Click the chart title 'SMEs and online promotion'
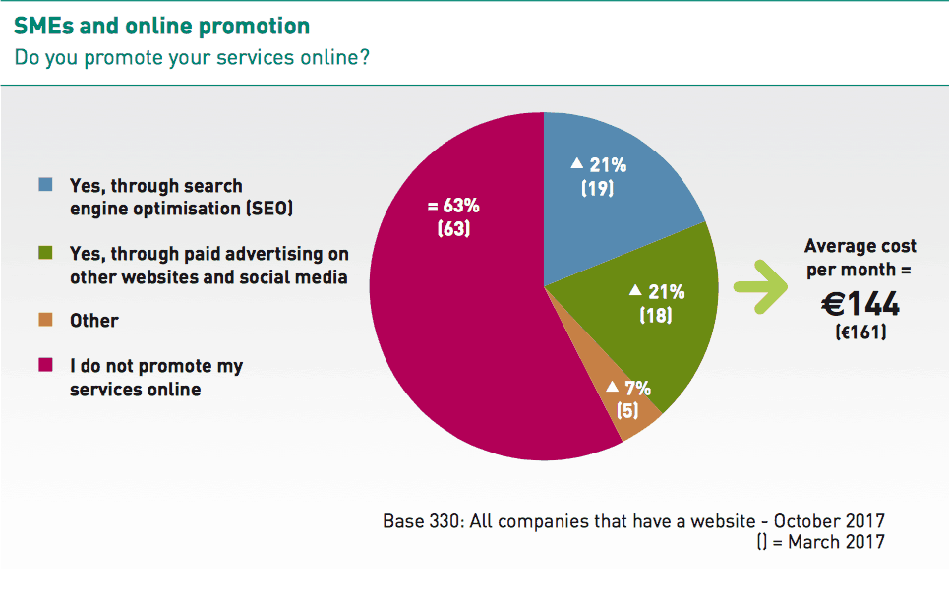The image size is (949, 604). [x=161, y=26]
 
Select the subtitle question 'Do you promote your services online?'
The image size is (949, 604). [x=191, y=57]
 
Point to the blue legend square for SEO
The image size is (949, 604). [x=45, y=184]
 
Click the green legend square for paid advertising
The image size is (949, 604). [x=45, y=253]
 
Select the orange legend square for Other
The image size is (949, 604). [x=45, y=320]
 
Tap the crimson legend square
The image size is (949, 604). [x=45, y=364]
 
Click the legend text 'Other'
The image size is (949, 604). [x=93, y=320]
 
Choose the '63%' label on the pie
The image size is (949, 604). [x=461, y=206]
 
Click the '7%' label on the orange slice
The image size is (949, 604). [x=638, y=388]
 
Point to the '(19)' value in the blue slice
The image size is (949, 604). [x=597, y=188]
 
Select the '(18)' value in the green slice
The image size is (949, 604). [x=656, y=315]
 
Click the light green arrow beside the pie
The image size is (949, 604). [x=761, y=287]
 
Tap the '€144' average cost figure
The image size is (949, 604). [x=860, y=304]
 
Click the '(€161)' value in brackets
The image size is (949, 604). [x=860, y=332]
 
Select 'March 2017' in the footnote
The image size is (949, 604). [x=837, y=542]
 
